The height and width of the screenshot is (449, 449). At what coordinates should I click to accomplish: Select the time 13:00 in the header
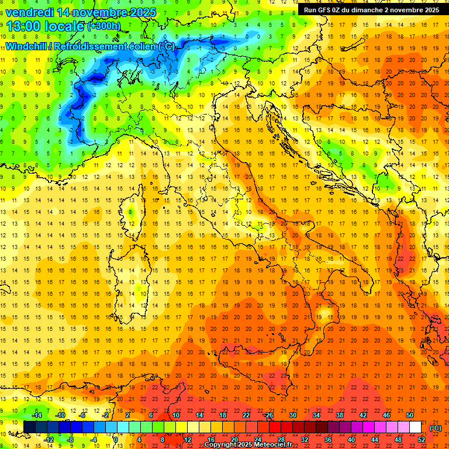22,26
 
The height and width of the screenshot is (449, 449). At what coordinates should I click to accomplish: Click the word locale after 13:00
63,26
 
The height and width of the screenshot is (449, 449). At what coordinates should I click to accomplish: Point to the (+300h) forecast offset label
103,26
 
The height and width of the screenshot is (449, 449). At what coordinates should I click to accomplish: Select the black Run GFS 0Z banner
372,9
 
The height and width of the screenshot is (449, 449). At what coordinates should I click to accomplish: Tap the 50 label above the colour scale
409,415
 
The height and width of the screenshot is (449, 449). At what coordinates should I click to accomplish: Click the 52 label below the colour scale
421,440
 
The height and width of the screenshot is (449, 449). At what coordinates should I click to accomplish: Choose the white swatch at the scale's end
415,427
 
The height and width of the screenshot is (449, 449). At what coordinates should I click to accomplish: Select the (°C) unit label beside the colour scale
436,428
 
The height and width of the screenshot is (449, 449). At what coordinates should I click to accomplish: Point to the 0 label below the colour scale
116,440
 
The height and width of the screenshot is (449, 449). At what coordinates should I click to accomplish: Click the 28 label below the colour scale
281,440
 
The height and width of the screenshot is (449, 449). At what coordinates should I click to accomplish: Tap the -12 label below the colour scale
49,440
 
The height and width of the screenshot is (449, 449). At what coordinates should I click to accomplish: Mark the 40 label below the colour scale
351,440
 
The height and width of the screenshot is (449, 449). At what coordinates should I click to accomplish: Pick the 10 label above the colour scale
176,415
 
